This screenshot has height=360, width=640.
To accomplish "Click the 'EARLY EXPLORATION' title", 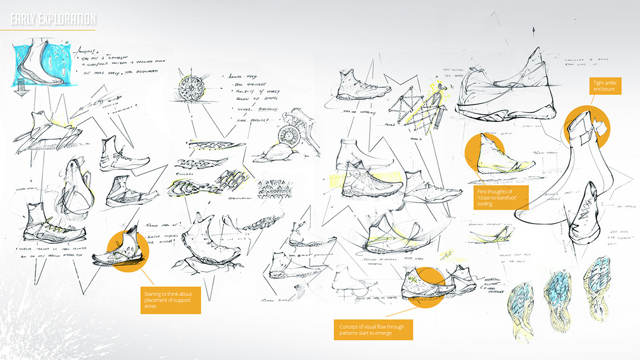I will pyautogui.click(x=53, y=20).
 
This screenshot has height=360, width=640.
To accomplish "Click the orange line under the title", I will pyautogui.click(x=48, y=30).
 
